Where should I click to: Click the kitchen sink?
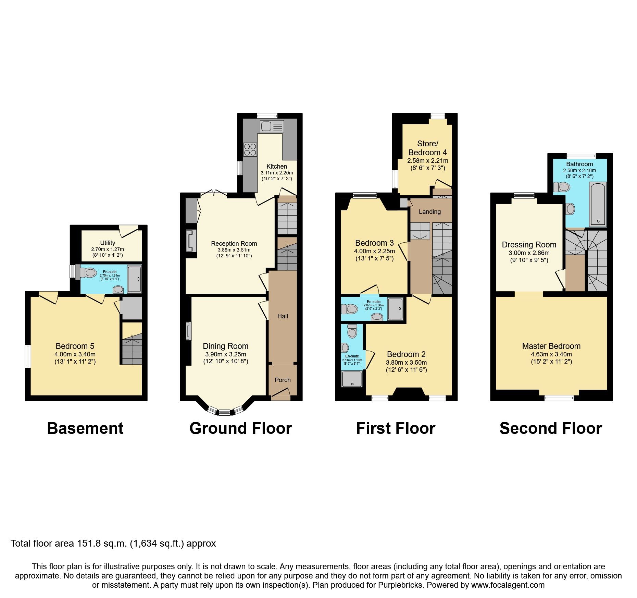(272, 126)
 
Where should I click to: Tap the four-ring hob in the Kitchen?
(250, 150)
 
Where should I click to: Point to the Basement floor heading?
(85, 428)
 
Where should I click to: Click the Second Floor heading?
(551, 428)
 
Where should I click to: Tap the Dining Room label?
(225, 346)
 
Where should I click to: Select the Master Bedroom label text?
(551, 346)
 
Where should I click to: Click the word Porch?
(283, 380)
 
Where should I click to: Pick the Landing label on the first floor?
(429, 212)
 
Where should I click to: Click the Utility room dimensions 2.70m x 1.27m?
(108, 249)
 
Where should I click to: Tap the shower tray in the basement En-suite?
(134, 279)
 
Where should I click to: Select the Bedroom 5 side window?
(28, 356)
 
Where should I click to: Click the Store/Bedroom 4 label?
(427, 148)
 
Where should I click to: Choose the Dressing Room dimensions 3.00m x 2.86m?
(529, 253)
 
